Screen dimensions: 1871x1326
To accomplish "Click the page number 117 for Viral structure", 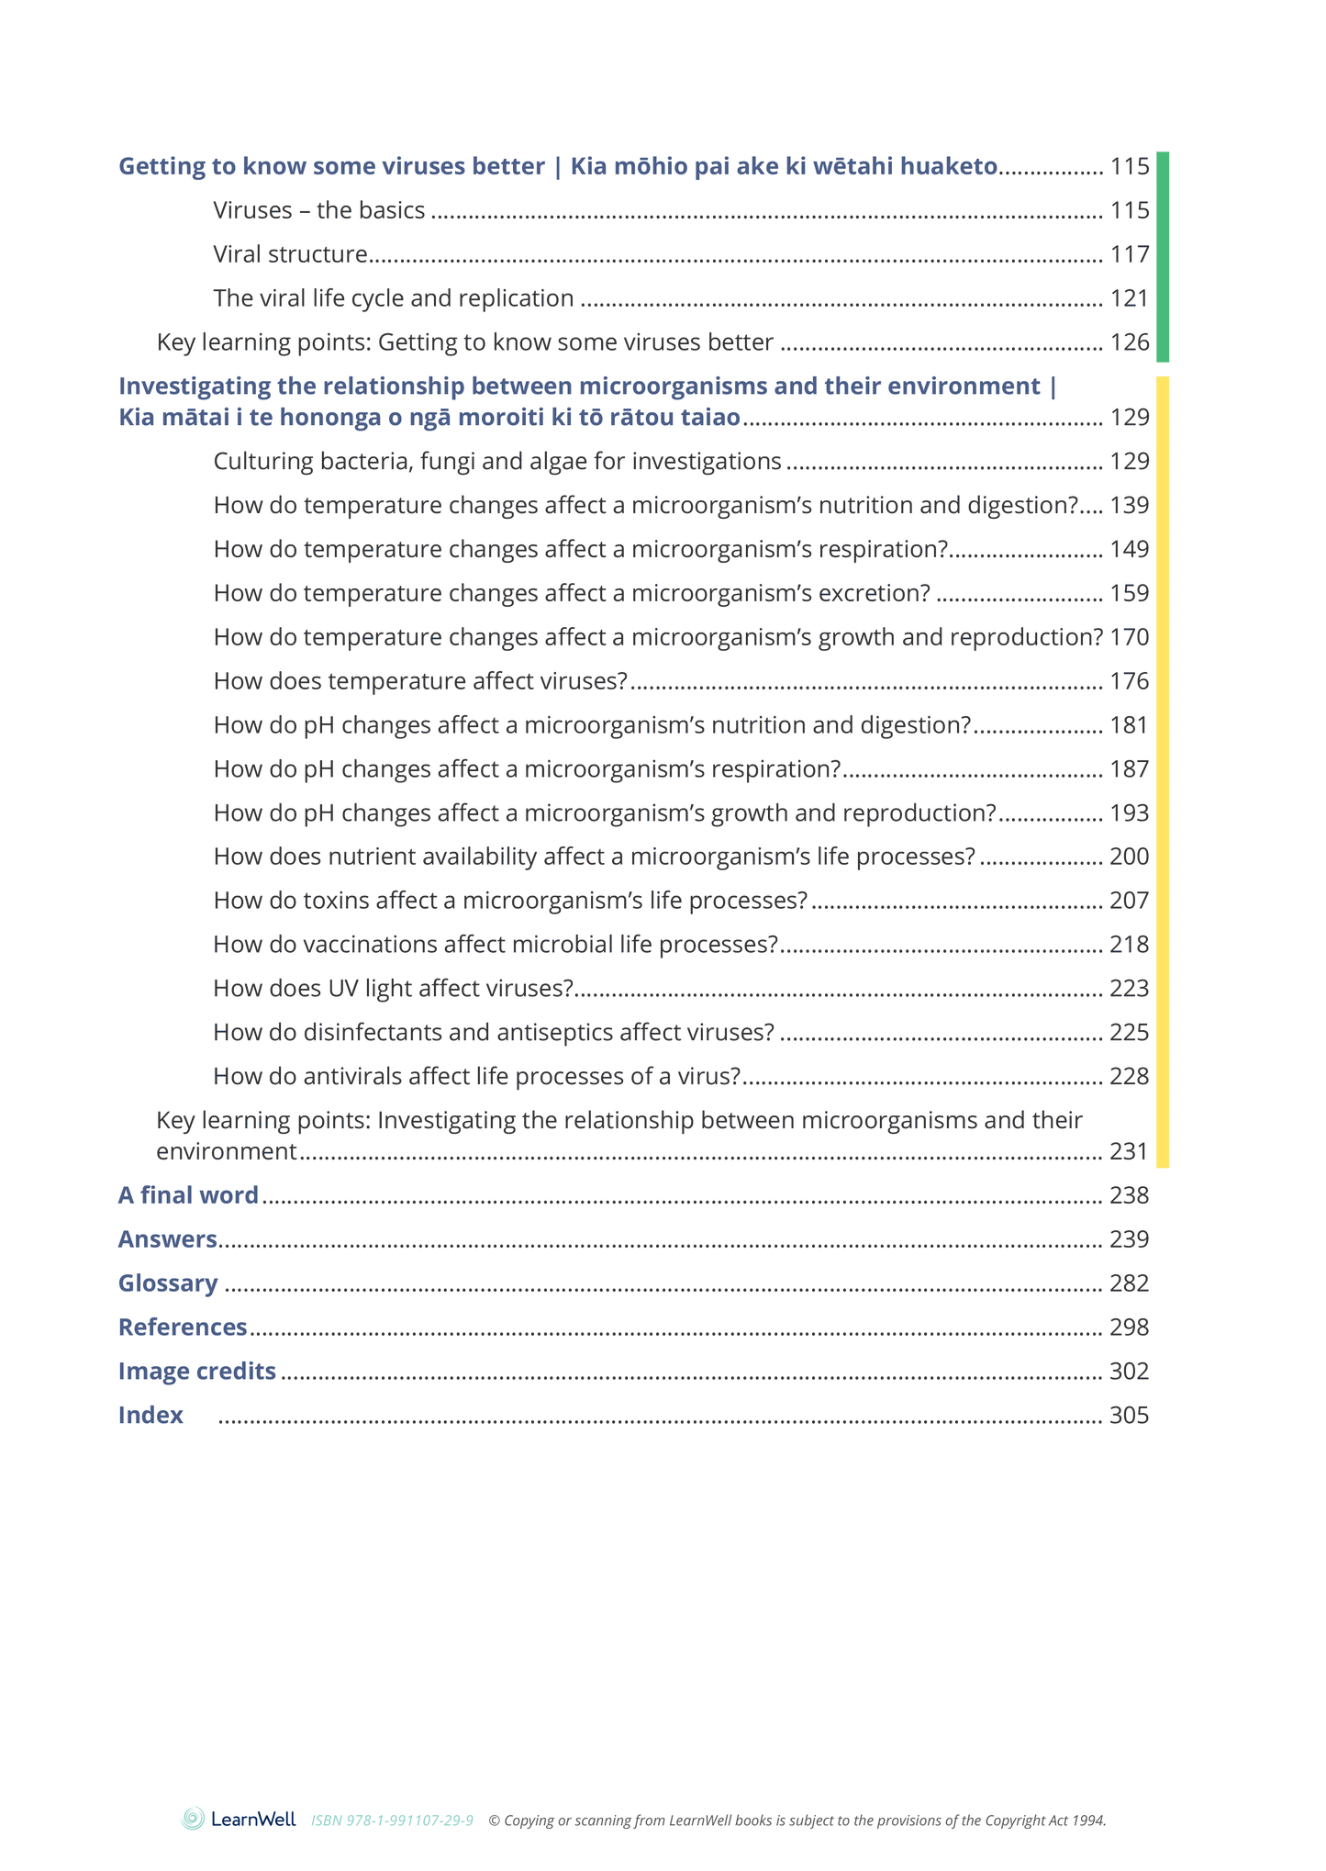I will pos(1129,254).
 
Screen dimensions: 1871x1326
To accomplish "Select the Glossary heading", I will pos(168,1283).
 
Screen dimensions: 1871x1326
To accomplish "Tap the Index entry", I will pos(150,1415).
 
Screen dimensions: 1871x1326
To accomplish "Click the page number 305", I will pos(1129,1415).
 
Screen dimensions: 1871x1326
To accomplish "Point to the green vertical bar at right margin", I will pos(1162,257).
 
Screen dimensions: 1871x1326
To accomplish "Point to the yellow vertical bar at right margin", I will pos(1162,771).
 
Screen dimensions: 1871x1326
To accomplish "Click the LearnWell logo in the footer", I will pos(239,1819).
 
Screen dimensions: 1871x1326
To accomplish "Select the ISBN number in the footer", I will pos(392,1821).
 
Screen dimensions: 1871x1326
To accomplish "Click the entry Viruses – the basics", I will pos(319,210).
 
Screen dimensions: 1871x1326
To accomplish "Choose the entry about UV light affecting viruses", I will pos(393,988).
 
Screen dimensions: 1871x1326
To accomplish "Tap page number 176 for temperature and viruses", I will pos(1129,681).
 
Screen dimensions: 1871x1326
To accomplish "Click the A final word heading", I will pos(188,1194).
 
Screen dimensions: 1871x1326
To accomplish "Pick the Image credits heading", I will pos(196,1371).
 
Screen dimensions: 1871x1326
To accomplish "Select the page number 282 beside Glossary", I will pos(1129,1283).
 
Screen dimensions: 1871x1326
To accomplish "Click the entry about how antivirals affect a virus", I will pos(476,1076).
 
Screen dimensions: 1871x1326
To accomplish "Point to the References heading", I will pos(183,1327).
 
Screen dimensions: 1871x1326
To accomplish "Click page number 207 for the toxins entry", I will pos(1129,901).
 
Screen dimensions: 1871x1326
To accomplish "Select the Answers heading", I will pos(167,1238).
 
